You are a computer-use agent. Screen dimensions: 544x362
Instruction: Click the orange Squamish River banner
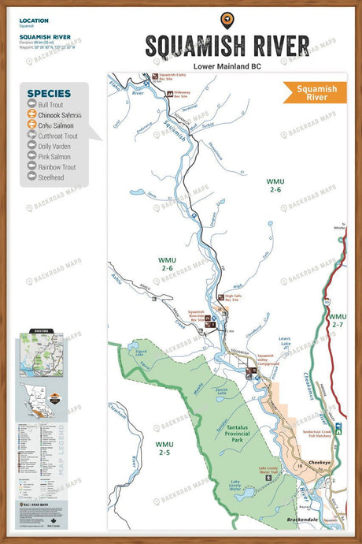[x=311, y=93]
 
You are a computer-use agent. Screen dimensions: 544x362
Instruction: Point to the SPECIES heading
[x=50, y=93]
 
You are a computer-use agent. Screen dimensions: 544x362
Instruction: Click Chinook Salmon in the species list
[x=60, y=115]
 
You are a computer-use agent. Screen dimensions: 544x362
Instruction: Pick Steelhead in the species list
[x=52, y=177]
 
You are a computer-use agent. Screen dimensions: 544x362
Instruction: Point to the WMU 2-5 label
[x=164, y=449]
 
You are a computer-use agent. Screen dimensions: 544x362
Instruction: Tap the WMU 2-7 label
[x=338, y=320]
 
